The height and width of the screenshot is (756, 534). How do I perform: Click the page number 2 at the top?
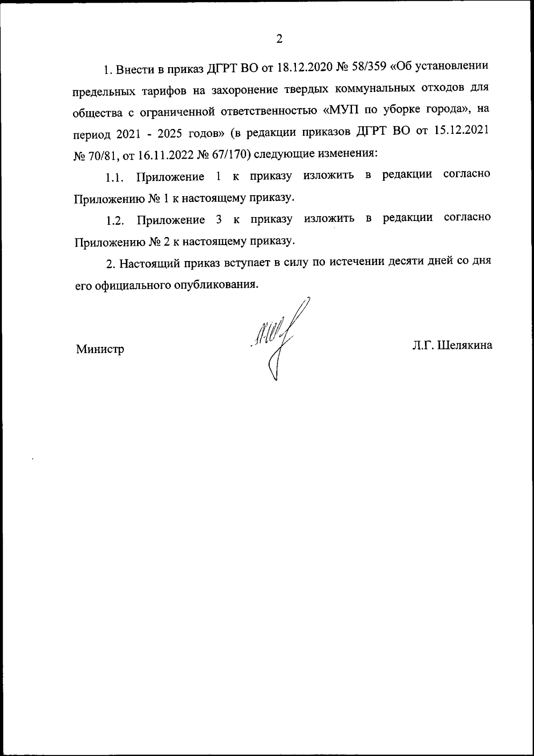pyautogui.click(x=279, y=39)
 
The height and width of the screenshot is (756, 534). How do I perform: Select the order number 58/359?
pyautogui.click(x=374, y=68)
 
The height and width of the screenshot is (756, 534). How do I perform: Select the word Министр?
pyautogui.click(x=100, y=350)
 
